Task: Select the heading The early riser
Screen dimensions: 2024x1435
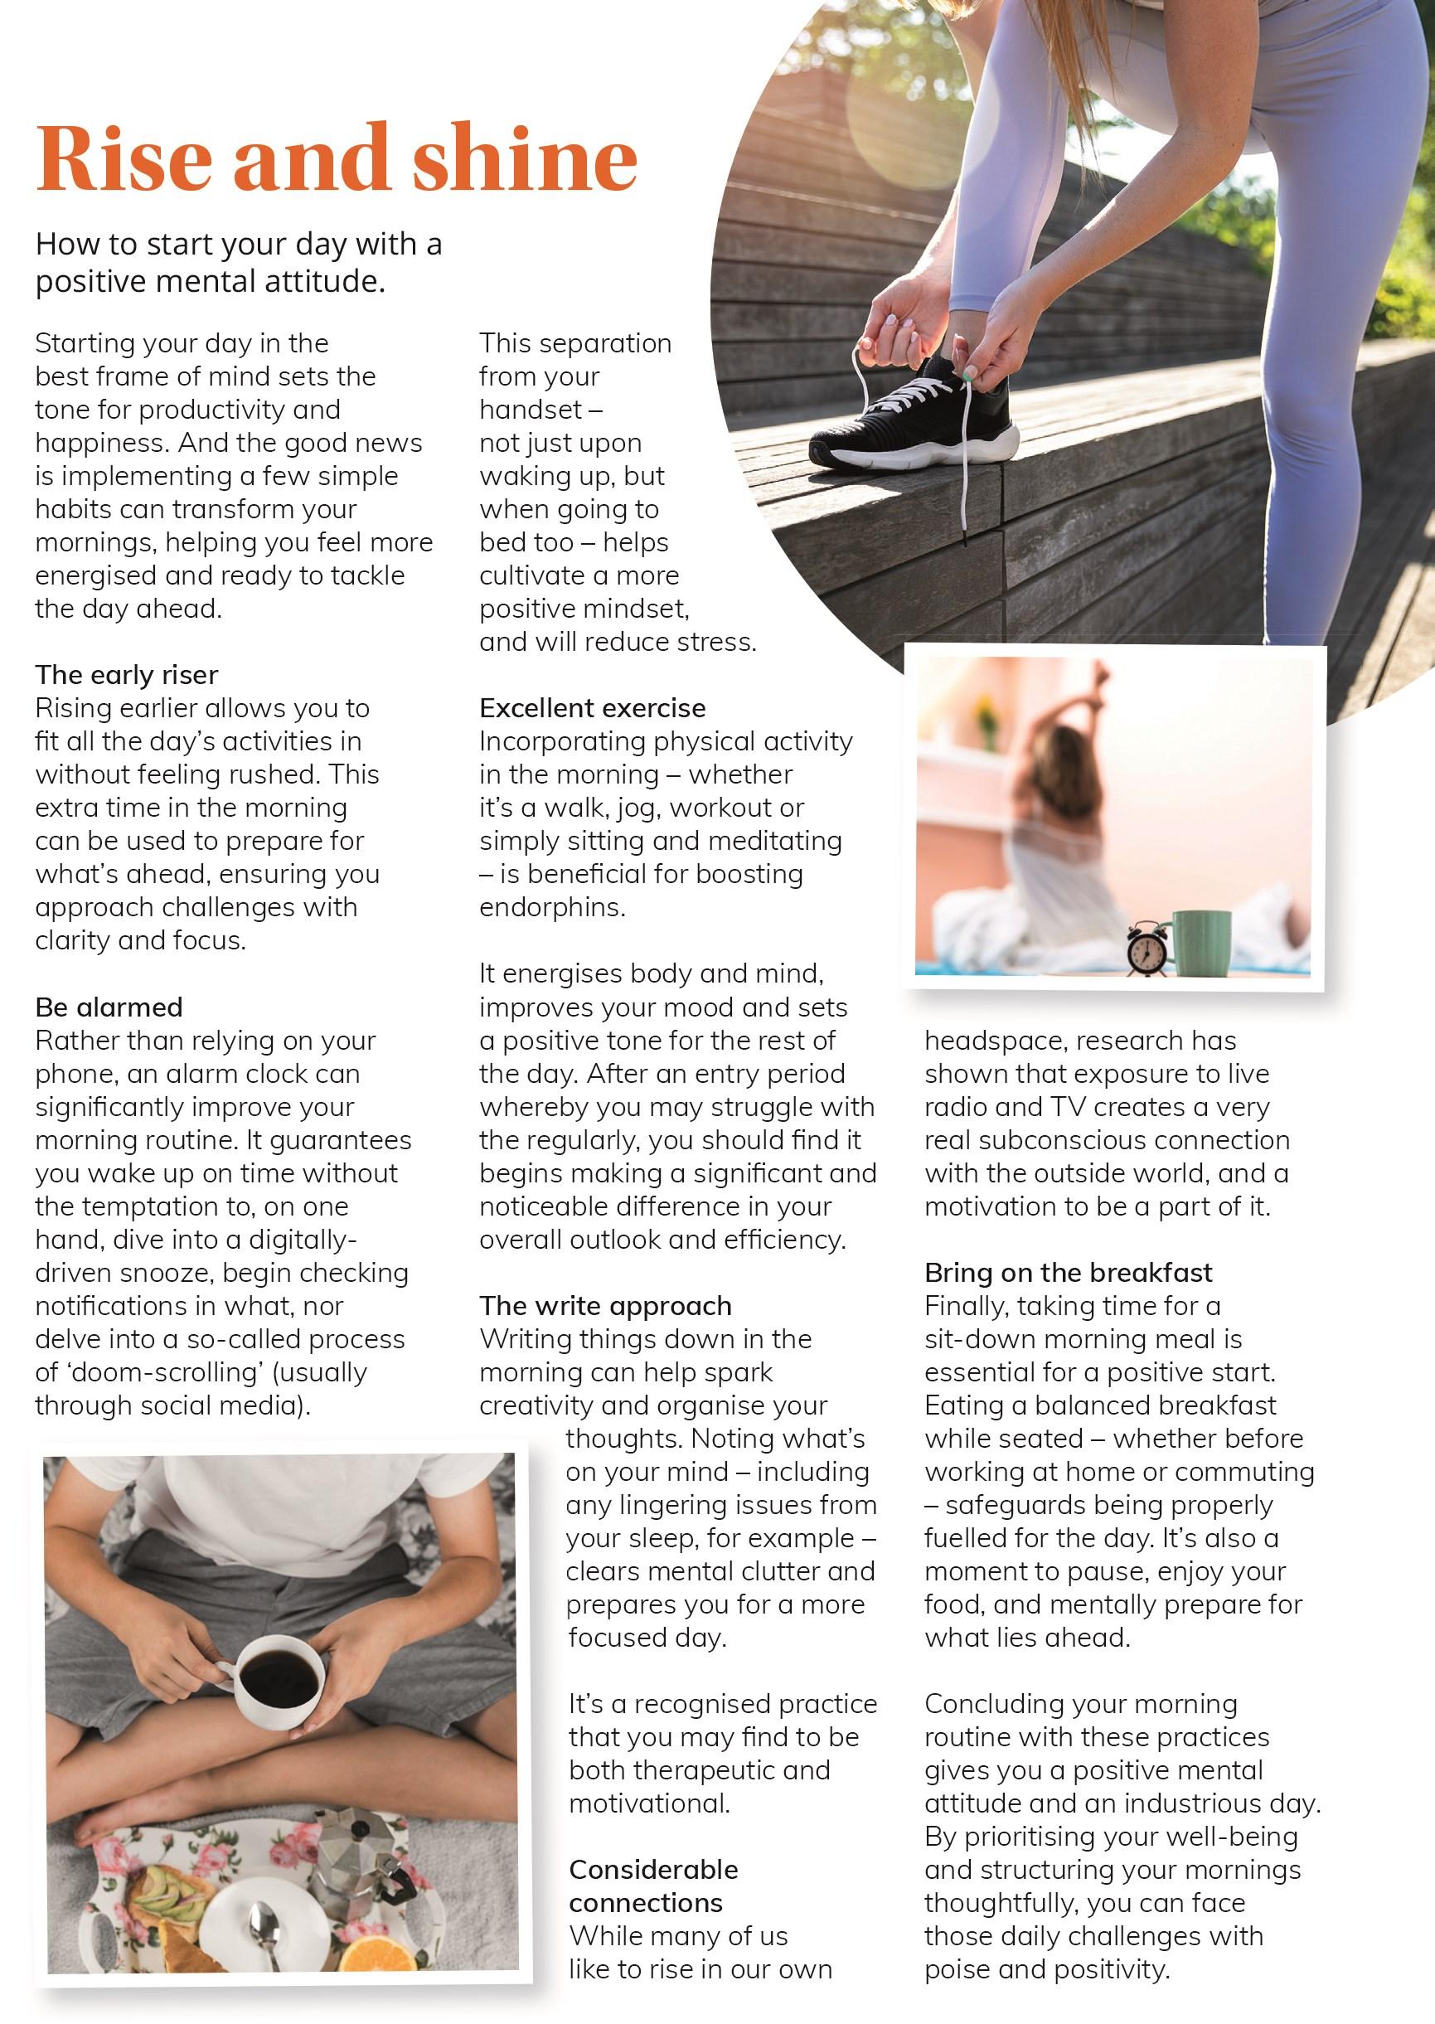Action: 126,675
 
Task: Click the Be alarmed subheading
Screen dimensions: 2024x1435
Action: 109,1007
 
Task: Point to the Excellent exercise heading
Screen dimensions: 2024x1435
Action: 592,708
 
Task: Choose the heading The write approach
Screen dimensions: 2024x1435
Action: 605,1305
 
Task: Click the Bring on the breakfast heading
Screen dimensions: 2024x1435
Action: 1068,1273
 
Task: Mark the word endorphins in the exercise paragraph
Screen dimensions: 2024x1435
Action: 551,908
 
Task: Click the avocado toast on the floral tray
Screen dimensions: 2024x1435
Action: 159,1891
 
